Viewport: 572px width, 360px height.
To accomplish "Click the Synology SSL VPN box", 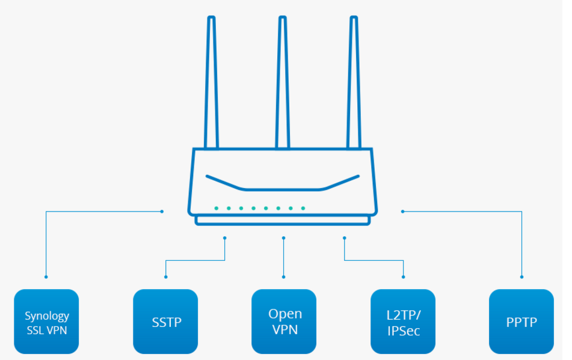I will tap(46, 322).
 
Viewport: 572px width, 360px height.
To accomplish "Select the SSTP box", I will tap(165, 322).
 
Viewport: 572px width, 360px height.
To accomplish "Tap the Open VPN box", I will tap(284, 322).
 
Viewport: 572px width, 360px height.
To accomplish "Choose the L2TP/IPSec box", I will tap(403, 322).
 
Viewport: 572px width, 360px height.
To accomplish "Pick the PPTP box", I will tap(521, 322).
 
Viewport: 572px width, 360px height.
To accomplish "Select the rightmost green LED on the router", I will tap(303, 209).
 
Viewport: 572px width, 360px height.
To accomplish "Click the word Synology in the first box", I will tap(47, 316).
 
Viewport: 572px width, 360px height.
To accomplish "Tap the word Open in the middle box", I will tap(285, 314).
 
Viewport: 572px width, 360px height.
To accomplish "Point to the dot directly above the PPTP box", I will tap(521, 277).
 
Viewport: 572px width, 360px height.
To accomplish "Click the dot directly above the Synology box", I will tap(46, 277).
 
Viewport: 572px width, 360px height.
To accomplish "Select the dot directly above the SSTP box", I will tap(165, 277).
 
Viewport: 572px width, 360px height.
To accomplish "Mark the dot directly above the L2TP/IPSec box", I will tap(403, 277).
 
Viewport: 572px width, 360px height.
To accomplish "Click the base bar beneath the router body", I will tap(283, 221).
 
